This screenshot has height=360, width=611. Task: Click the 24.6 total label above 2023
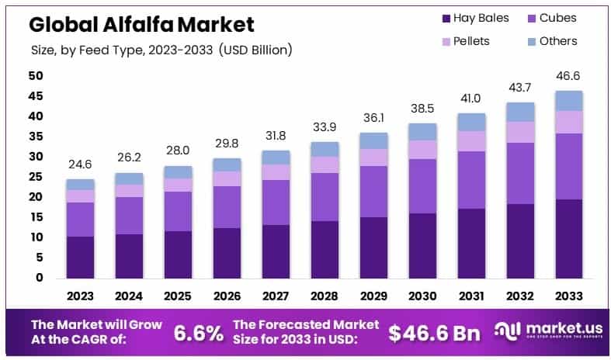pos(80,164)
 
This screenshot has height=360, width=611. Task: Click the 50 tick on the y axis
pos(36,76)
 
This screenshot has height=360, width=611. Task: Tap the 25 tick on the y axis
pos(36,177)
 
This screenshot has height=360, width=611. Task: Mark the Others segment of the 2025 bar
pos(179,172)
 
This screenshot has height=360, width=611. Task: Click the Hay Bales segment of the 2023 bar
pos(80,257)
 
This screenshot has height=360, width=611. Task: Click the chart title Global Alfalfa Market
pos(141,25)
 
